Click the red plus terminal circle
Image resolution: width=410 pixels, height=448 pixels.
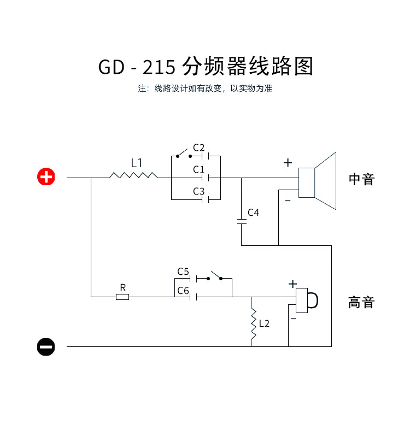tap(46, 177)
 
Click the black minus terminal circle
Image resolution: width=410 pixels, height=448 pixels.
tap(46, 346)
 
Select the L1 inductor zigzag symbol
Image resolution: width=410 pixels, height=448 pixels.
tap(133, 175)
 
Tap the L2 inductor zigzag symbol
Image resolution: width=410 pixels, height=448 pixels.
tap(254, 326)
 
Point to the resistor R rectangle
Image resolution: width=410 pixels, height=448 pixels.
tap(122, 297)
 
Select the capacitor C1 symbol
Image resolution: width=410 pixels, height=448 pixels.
tap(206, 178)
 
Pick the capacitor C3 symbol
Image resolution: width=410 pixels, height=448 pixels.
tap(206, 199)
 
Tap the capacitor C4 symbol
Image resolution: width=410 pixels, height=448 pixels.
tap(242, 221)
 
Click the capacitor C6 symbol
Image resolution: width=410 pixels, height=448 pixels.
tap(192, 297)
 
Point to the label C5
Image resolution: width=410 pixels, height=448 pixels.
tap(183, 272)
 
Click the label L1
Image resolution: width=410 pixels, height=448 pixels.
tap(137, 163)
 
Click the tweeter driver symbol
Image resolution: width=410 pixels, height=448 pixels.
tap(306, 299)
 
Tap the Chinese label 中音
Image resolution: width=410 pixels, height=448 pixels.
tap(361, 180)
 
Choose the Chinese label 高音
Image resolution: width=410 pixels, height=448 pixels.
tap(361, 302)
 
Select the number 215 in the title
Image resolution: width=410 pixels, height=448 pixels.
tap(159, 67)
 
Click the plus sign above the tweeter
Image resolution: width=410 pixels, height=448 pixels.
tap(292, 284)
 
